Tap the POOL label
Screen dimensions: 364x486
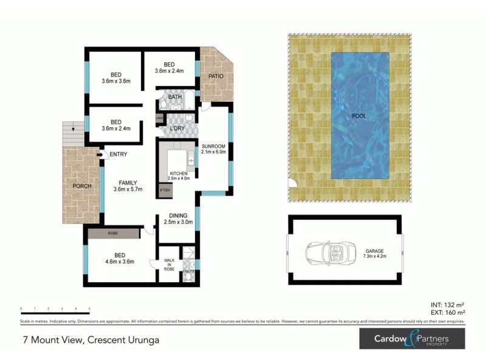pos(359,115)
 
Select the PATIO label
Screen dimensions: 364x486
pos(216,76)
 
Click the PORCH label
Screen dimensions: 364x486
pos(81,186)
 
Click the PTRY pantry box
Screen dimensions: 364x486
pos(165,190)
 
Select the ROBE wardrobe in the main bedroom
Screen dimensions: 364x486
pos(113,233)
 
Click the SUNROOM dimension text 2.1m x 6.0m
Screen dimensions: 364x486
pos(214,152)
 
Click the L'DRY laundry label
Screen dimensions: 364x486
pos(177,129)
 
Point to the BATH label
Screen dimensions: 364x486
pos(175,97)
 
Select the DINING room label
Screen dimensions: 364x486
pos(178,215)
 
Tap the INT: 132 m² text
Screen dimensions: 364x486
pos(447,305)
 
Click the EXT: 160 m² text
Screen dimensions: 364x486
pos(446,313)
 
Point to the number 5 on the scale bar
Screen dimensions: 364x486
pos(90,309)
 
